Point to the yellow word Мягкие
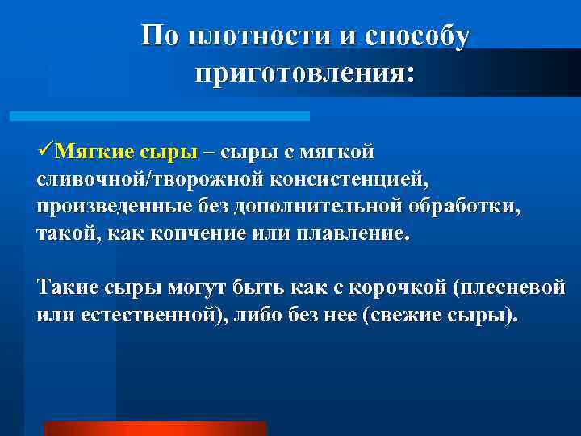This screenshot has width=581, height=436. (96, 152)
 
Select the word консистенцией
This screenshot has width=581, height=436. (339, 179)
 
